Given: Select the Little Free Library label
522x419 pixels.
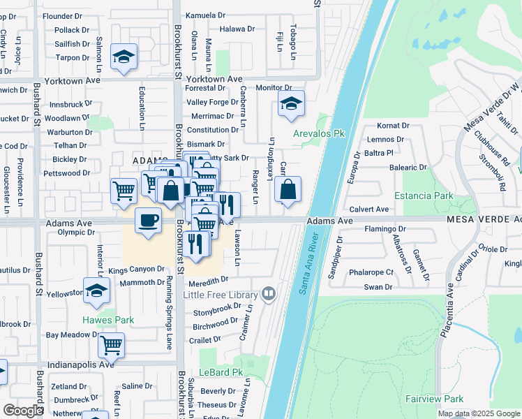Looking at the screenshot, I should point(220,295).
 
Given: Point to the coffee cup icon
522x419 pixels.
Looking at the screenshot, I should point(148,220).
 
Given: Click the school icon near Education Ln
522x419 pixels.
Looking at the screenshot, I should point(124,57).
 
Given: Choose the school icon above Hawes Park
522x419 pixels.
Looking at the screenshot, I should point(96,292).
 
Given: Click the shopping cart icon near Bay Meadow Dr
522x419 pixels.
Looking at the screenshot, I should point(111,344).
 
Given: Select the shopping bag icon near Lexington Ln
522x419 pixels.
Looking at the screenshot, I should point(288,189).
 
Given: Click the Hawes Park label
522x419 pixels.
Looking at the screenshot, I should point(108,320).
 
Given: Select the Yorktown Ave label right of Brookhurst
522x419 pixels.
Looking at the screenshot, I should point(214,79).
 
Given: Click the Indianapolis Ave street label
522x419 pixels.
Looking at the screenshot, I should point(81,365).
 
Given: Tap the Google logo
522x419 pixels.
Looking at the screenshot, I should point(23,411).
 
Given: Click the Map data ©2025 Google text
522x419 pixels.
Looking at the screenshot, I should point(479,413).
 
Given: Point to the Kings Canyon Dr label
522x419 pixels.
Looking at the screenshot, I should point(136,269).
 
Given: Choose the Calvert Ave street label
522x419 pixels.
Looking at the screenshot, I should point(368,209).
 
